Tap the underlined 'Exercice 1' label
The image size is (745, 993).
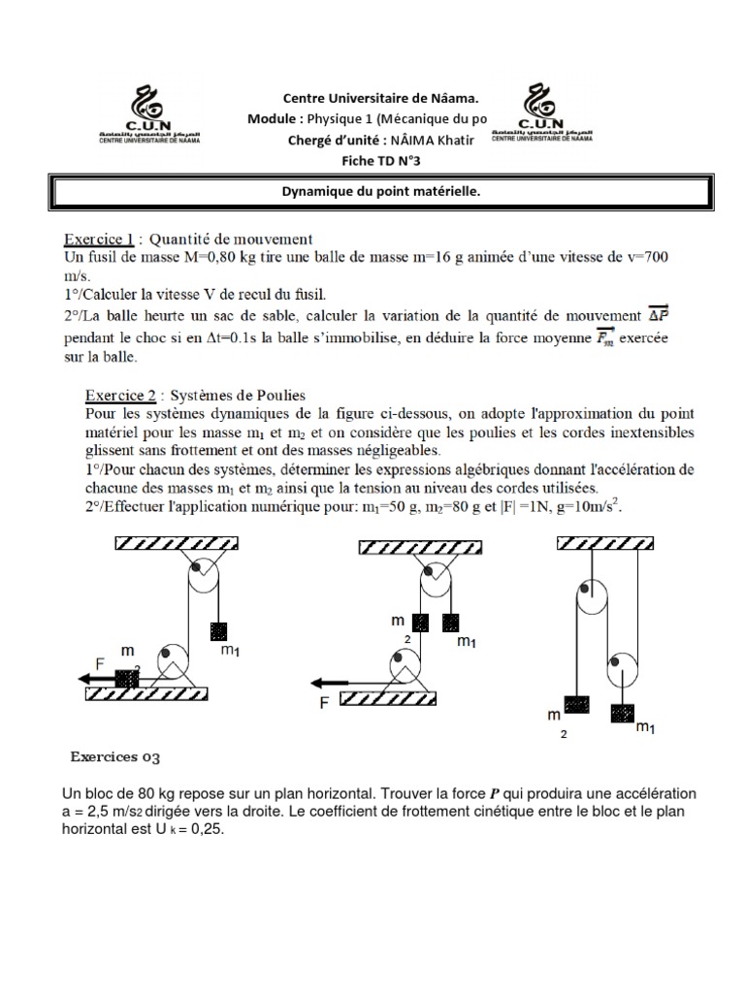(98, 238)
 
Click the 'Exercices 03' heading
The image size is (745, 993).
(109, 756)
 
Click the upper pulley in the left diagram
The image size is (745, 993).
(204, 579)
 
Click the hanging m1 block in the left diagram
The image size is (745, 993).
(219, 631)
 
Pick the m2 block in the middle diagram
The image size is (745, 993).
(421, 623)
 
